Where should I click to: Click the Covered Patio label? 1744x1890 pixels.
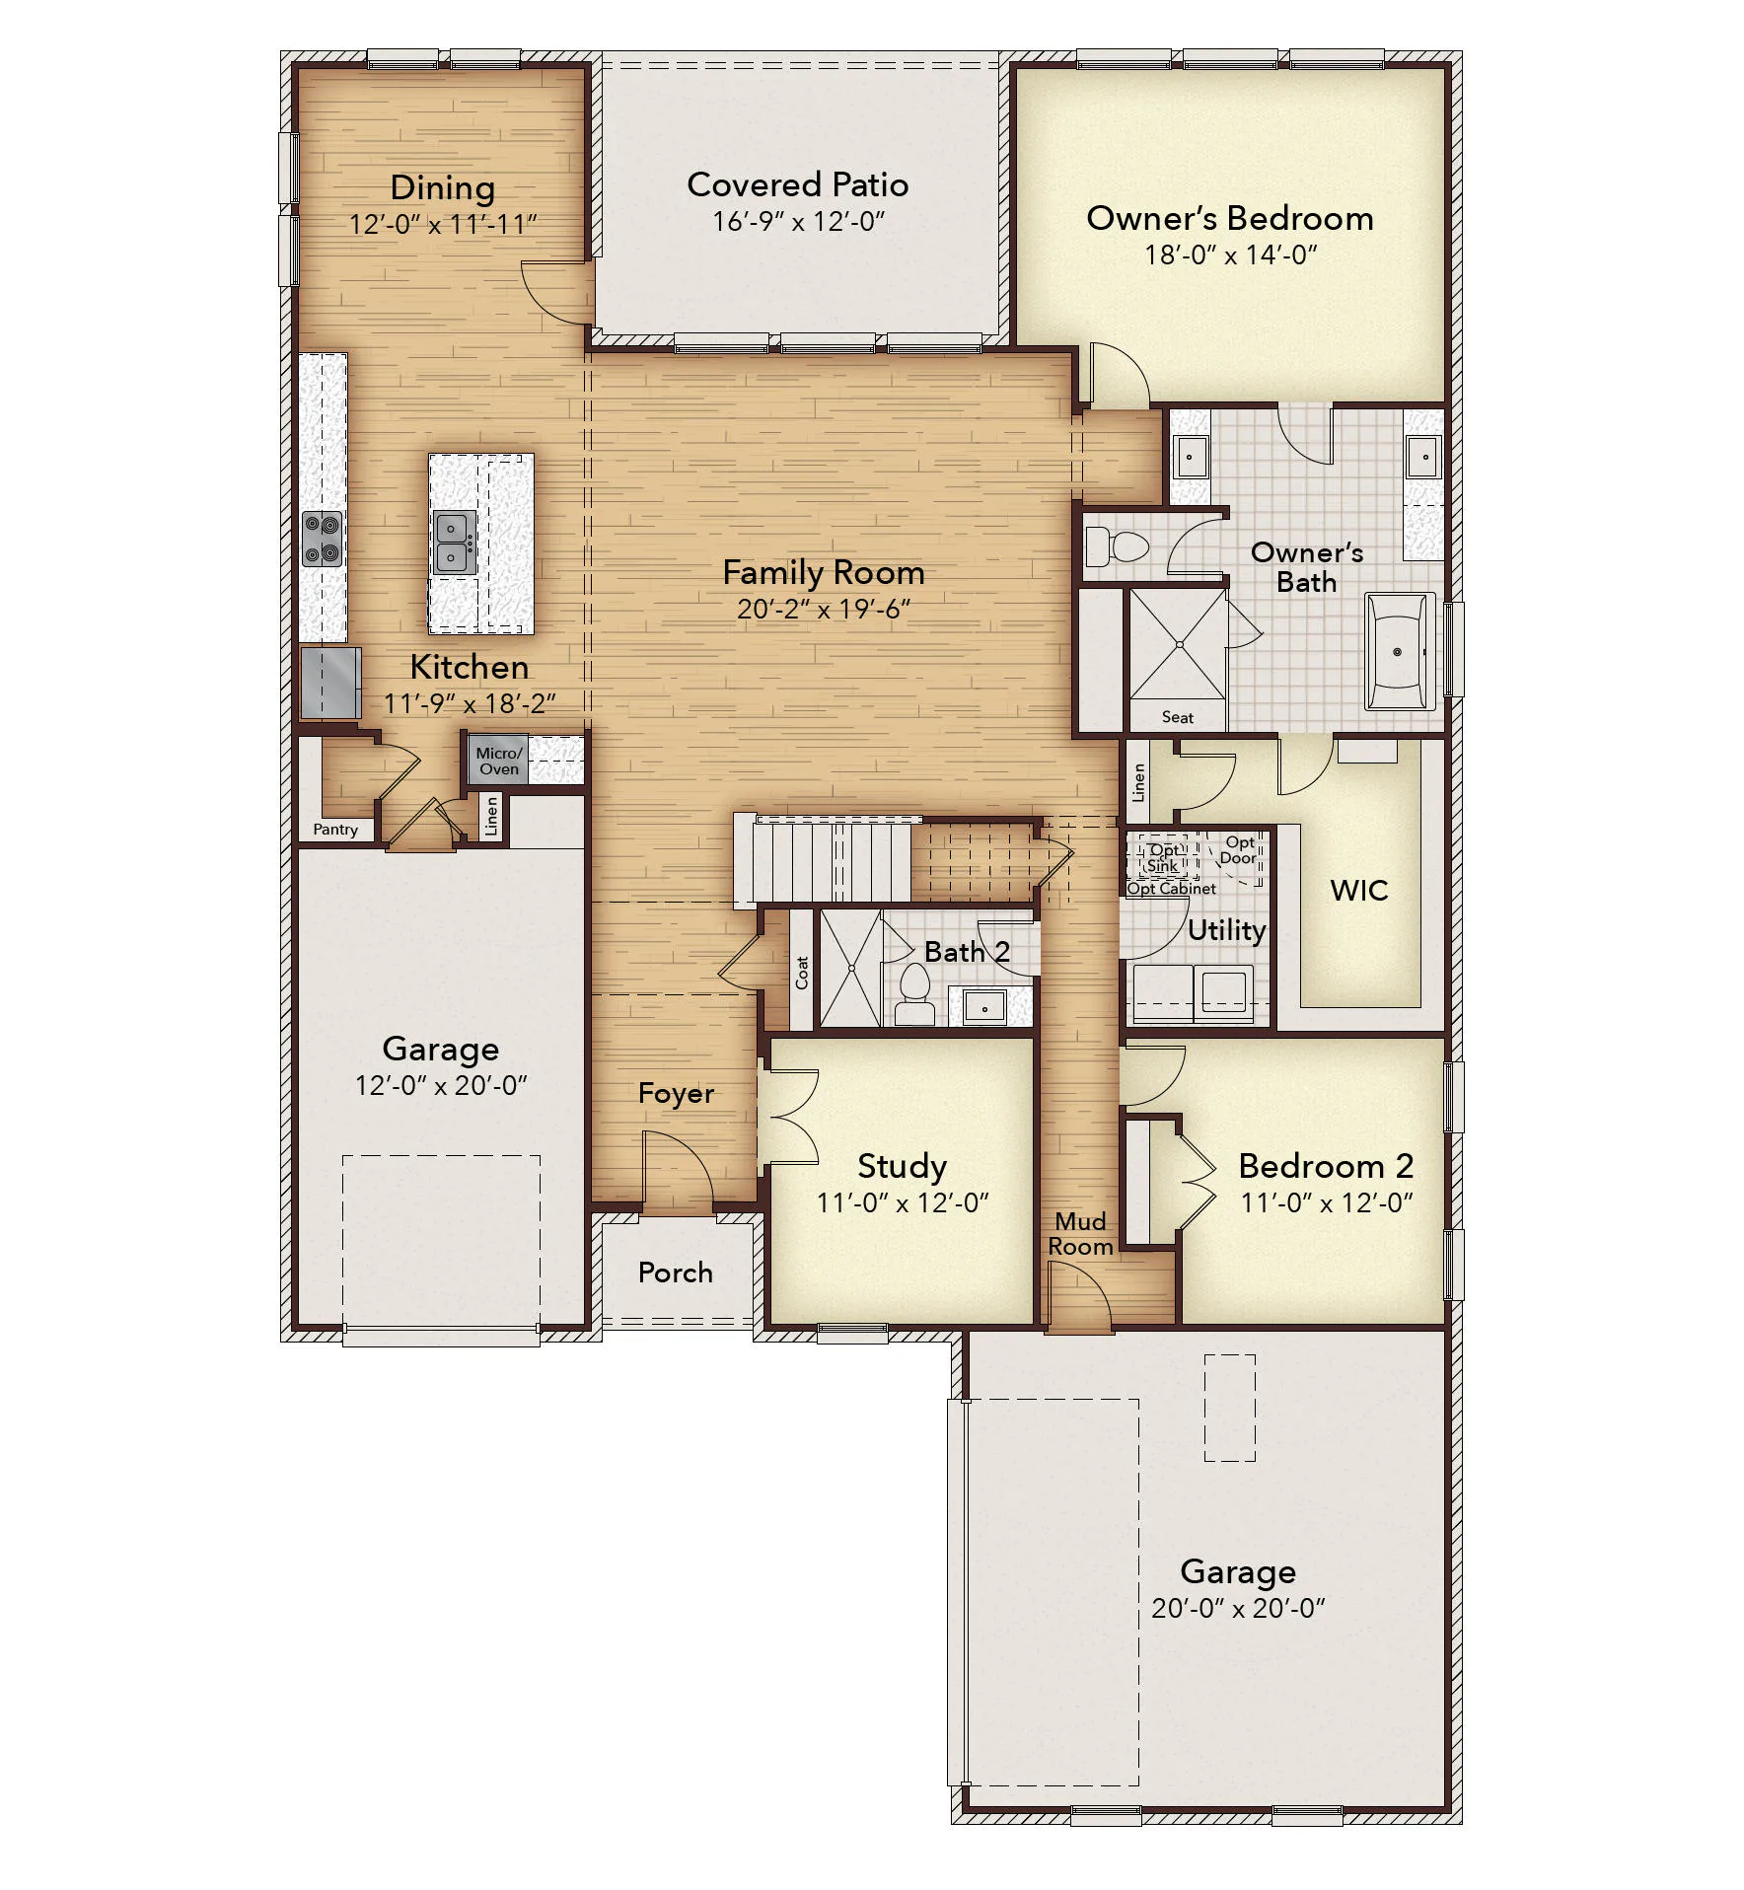click(x=797, y=184)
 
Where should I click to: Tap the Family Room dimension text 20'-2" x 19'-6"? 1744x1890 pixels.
click(x=823, y=610)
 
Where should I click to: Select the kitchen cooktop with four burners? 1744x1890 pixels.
click(x=323, y=539)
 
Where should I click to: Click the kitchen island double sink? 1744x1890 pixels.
click(x=455, y=543)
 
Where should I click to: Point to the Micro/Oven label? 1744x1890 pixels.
click(x=499, y=761)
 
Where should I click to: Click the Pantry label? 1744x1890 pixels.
click(x=335, y=830)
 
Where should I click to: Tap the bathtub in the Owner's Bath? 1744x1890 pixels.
click(x=1400, y=651)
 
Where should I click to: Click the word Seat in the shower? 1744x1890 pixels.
click(x=1177, y=717)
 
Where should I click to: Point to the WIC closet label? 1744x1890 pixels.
click(x=1358, y=890)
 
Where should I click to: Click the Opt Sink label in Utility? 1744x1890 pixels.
click(x=1163, y=857)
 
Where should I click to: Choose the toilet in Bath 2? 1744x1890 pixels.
click(x=915, y=992)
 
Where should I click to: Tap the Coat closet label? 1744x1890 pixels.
click(x=802, y=973)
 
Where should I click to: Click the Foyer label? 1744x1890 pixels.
click(x=676, y=1093)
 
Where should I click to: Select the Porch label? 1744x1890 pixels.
click(x=675, y=1272)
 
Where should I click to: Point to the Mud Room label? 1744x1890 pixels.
click(x=1080, y=1234)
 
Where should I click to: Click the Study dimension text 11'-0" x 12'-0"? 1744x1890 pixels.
click(x=903, y=1203)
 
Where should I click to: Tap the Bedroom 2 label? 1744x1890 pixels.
click(x=1326, y=1166)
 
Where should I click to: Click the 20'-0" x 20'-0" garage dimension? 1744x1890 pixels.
click(x=1238, y=1609)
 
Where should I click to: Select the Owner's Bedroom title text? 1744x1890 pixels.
click(x=1230, y=218)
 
